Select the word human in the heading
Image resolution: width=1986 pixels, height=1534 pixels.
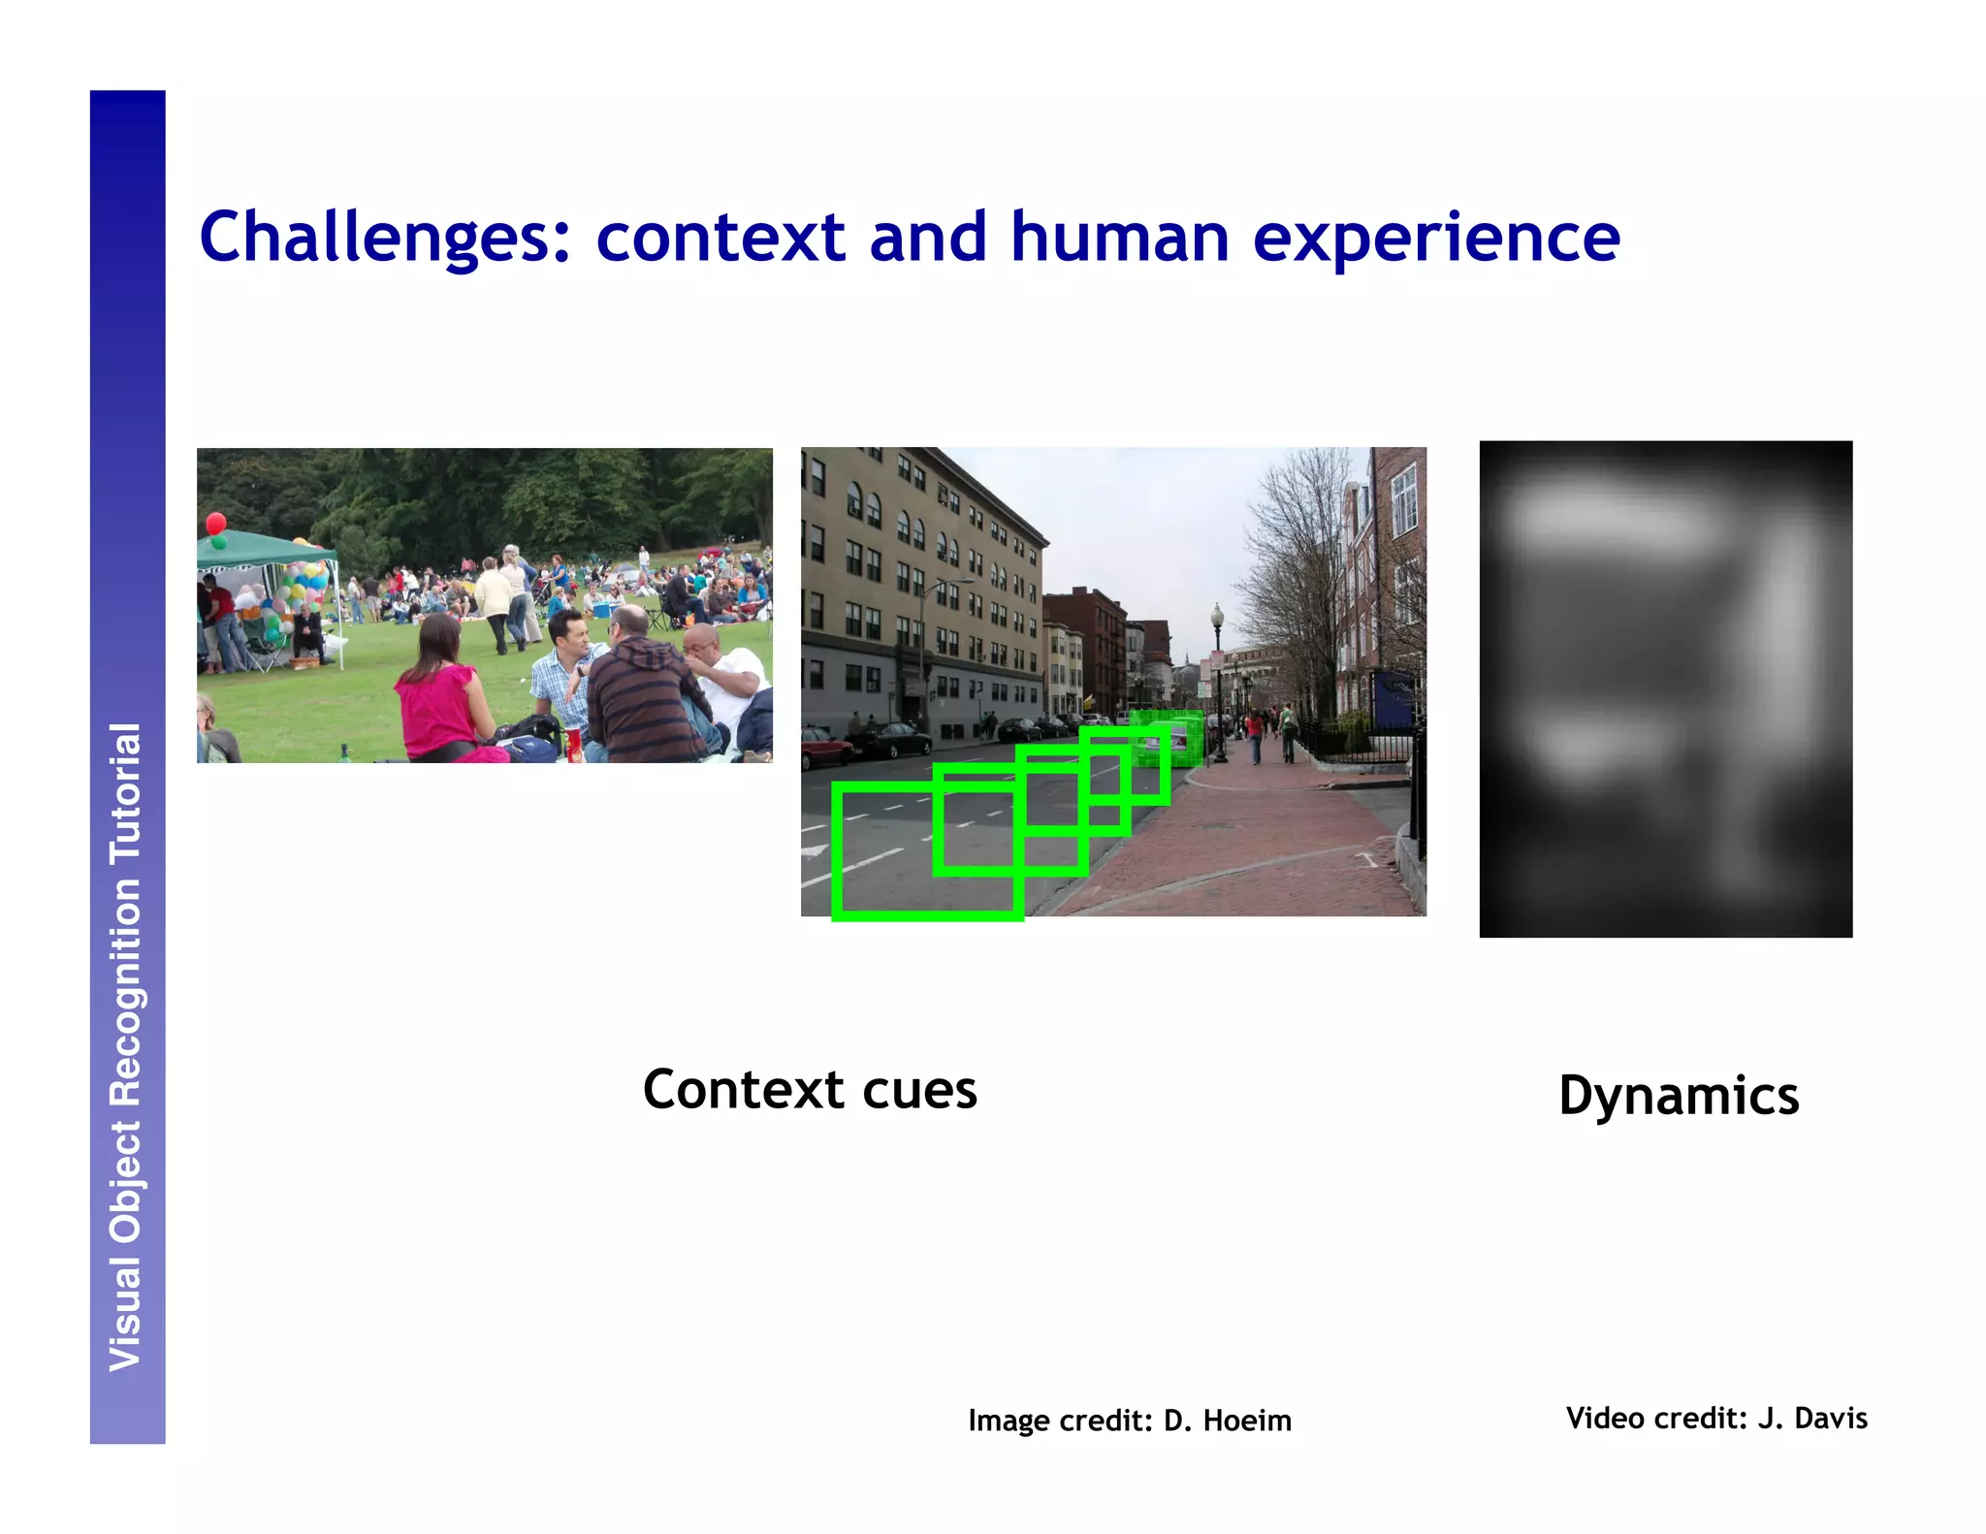tap(1120, 237)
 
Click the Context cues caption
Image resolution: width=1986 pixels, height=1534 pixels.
tap(810, 1090)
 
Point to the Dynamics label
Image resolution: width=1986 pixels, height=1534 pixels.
tap(1679, 1096)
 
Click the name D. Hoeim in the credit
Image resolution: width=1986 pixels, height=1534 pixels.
tap(1227, 1421)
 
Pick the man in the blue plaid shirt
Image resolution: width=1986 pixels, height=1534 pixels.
tap(562, 669)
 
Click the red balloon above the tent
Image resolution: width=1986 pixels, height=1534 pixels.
tap(216, 524)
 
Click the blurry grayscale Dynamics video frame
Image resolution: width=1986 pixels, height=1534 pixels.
tap(1665, 688)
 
